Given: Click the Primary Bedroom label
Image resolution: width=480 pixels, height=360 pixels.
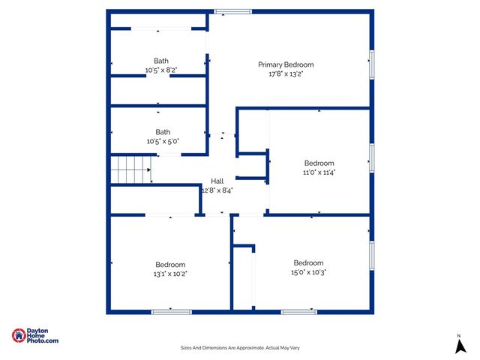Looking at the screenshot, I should pyautogui.click(x=286, y=64).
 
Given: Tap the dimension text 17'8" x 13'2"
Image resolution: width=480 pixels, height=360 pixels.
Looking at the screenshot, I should pyautogui.click(x=286, y=74).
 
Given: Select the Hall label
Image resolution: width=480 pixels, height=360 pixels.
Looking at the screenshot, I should pyautogui.click(x=217, y=181).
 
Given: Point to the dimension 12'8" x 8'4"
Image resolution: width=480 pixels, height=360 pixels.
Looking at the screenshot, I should pyautogui.click(x=217, y=190).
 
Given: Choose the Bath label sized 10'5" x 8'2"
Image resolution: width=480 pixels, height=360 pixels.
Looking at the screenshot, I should pyautogui.click(x=161, y=61).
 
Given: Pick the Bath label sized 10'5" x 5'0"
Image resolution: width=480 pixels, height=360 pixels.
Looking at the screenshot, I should pyautogui.click(x=163, y=132).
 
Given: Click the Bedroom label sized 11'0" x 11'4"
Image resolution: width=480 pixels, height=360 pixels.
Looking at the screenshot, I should pyautogui.click(x=319, y=163).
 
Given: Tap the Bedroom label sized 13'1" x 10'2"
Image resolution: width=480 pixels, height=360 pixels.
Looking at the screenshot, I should pyautogui.click(x=170, y=264).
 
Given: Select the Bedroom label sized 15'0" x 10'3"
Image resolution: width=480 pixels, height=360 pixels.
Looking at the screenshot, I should pyautogui.click(x=308, y=262).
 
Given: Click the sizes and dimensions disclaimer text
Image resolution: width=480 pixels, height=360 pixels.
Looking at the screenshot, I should pyautogui.click(x=240, y=347).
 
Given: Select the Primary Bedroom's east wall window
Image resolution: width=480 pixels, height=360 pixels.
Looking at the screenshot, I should pyautogui.click(x=371, y=61).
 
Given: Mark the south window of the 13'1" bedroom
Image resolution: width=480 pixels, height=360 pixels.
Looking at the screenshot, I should pyautogui.click(x=171, y=311).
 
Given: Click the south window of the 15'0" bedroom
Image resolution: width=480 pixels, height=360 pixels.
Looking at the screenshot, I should pyautogui.click(x=298, y=311).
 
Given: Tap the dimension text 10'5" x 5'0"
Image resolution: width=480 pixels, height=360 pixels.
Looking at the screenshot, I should pyautogui.click(x=163, y=141).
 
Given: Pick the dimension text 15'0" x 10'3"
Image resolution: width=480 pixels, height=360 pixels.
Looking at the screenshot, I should pyautogui.click(x=308, y=272).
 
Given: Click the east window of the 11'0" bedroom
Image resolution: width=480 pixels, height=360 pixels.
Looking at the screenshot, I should pyautogui.click(x=371, y=158).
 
